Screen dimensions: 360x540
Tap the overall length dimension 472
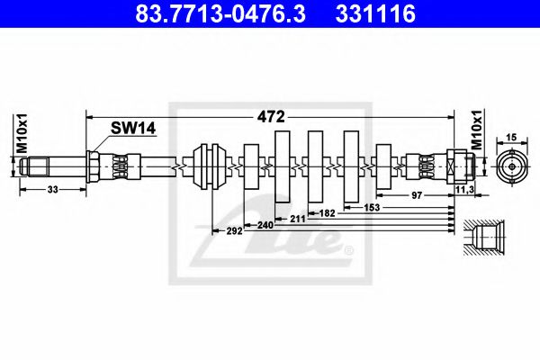tap(271, 116)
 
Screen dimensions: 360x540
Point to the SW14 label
tap(133, 129)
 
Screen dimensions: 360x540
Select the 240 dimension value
tap(265, 224)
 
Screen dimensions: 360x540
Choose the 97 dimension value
tap(417, 193)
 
